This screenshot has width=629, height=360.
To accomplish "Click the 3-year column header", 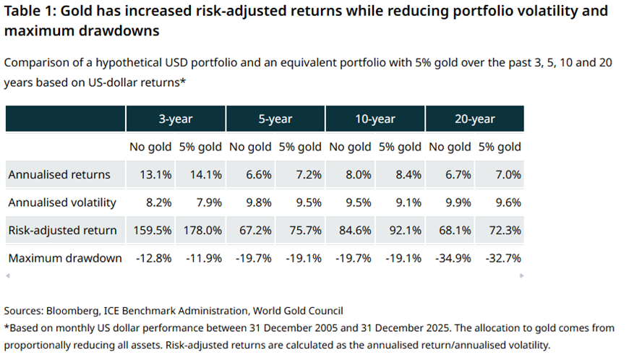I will pyautogui.click(x=176, y=119).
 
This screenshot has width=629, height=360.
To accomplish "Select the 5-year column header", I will pyautogui.click(x=275, y=119).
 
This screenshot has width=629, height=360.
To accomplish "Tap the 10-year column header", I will pyautogui.click(x=375, y=119).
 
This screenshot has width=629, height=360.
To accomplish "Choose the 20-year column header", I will pyautogui.click(x=475, y=119).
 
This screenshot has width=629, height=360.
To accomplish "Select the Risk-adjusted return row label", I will pyautogui.click(x=62, y=231).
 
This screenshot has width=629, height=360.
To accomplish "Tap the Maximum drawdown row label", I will pyautogui.click(x=65, y=258).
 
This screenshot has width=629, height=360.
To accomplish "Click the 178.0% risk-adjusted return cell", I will pyautogui.click(x=200, y=231).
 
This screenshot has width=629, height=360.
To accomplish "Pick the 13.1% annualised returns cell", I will pyautogui.click(x=150, y=174).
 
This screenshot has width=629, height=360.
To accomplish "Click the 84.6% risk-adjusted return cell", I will pyautogui.click(x=350, y=231).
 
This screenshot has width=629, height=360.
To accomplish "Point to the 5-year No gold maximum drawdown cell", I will pyautogui.click(x=250, y=258).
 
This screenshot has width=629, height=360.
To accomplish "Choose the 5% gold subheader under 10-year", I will pyautogui.click(x=400, y=147).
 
